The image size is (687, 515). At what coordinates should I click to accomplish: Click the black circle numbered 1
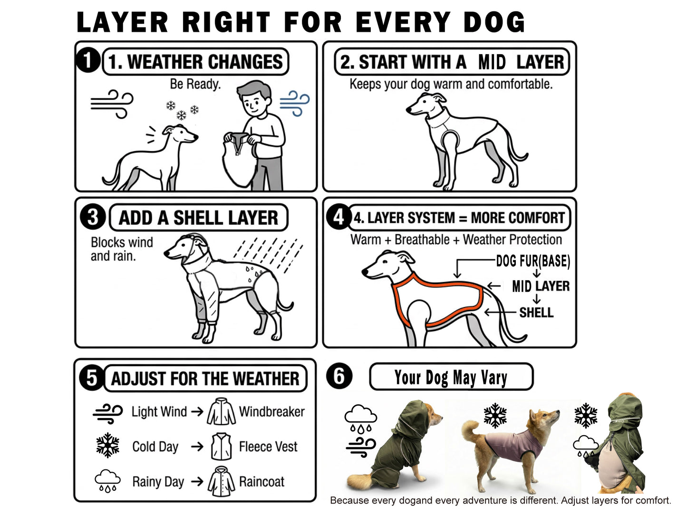point(87,60)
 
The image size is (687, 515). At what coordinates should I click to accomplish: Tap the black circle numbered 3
point(93,217)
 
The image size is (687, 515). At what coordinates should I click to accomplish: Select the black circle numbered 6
point(339,376)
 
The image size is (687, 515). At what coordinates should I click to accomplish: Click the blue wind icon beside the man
point(294,103)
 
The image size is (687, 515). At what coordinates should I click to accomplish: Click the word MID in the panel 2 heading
point(492,62)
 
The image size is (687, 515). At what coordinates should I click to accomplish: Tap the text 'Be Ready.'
point(195,84)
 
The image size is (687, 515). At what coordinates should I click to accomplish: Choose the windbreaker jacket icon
point(221,411)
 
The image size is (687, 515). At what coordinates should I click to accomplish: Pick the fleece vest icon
point(221,447)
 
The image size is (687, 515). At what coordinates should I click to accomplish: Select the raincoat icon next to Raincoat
point(221,482)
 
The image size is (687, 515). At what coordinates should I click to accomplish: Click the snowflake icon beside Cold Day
point(107,445)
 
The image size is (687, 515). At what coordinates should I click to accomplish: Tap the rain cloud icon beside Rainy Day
point(107,481)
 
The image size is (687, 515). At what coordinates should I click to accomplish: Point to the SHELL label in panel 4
point(536,313)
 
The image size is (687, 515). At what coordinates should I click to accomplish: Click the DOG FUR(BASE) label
point(533,261)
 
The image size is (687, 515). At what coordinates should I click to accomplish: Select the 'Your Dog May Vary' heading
point(451,377)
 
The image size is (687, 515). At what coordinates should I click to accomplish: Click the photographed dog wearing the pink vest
point(510,448)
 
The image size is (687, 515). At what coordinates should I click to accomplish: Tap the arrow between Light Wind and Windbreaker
point(197,411)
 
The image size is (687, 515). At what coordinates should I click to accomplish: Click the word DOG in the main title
point(494,22)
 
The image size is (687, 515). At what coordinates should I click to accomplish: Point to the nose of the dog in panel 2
point(408,109)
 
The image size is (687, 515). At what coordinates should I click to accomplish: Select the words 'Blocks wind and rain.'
point(122,249)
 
